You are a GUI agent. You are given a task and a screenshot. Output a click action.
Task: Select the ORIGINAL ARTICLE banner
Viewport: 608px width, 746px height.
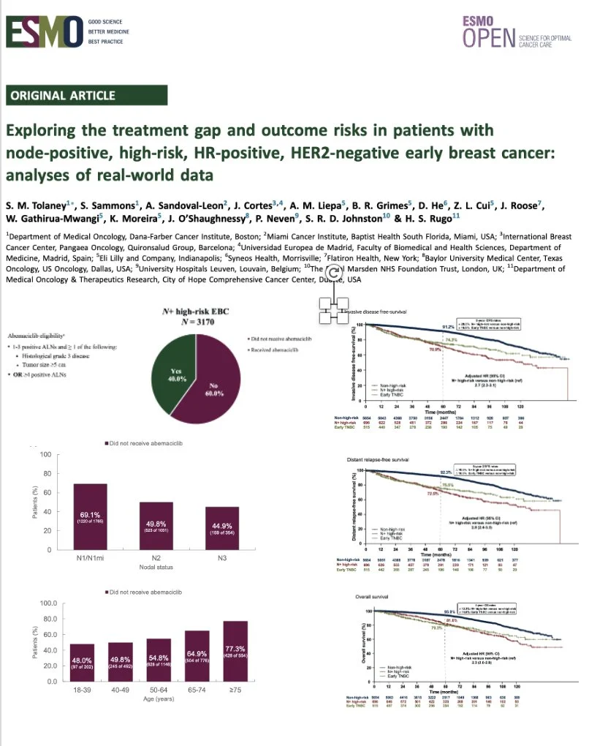64,95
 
